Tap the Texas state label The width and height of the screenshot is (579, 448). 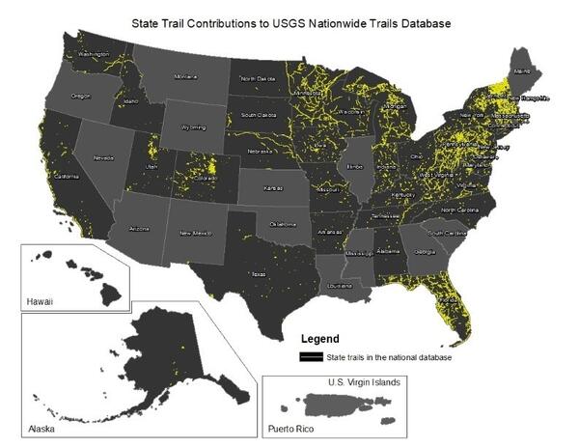click(258, 273)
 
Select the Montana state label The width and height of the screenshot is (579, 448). click(185, 76)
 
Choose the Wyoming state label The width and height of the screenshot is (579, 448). click(193, 126)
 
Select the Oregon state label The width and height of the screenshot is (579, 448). click(80, 96)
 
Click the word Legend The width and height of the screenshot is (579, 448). click(320, 340)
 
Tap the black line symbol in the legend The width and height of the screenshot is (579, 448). click(312, 357)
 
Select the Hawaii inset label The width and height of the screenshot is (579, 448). click(40, 301)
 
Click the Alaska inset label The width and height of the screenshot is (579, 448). click(39, 426)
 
